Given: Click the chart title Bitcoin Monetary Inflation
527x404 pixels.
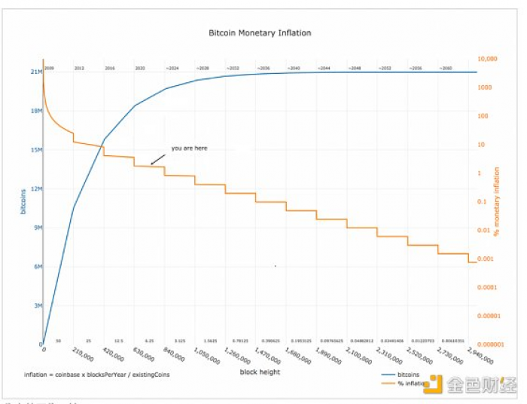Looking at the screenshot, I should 259,33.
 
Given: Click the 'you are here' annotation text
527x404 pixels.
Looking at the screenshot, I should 189,148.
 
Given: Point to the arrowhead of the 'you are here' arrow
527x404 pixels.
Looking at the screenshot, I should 151,164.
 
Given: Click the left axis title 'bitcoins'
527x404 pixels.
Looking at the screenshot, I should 23,201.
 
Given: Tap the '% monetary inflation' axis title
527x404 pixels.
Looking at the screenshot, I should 496,201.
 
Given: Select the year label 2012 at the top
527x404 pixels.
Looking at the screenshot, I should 79,69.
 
